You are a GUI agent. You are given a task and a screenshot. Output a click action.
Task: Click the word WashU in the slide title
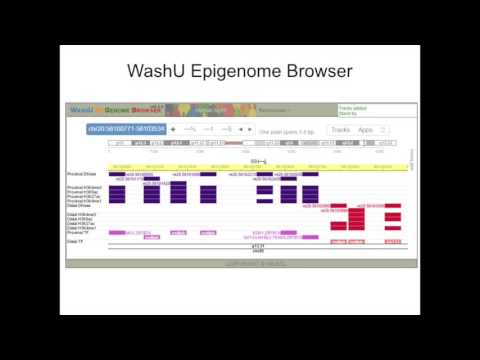tap(163, 72)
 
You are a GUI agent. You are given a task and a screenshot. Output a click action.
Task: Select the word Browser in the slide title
tap(317, 72)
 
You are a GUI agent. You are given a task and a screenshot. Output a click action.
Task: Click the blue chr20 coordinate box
tap(126, 129)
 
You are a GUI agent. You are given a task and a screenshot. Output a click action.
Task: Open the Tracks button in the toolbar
tap(341, 130)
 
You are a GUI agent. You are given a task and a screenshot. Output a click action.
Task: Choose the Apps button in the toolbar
tap(366, 130)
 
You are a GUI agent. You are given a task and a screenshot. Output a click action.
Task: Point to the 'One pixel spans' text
tap(287, 131)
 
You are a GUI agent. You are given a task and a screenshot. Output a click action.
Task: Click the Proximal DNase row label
tap(82, 174)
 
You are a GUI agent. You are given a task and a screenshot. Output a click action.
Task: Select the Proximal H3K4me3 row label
tap(82, 186)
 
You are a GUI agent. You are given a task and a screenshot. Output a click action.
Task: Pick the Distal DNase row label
tap(80, 205)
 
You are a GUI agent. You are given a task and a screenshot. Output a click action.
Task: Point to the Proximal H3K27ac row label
tap(82, 196)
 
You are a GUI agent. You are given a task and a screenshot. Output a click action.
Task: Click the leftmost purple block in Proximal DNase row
tap(117, 174)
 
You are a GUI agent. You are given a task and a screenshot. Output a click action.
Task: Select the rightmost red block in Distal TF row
tap(393, 241)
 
